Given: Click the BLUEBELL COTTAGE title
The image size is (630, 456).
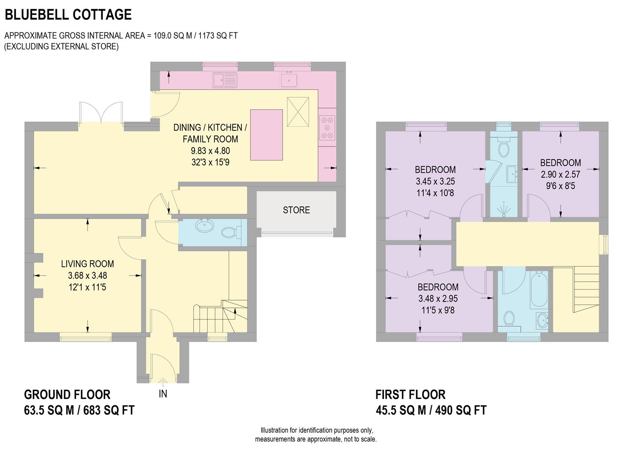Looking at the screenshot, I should tap(68, 15).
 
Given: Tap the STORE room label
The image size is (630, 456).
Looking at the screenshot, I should tap(296, 210).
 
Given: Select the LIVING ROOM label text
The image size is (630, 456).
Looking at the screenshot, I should tap(87, 264).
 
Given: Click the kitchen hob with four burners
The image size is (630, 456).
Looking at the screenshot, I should tap(327, 127).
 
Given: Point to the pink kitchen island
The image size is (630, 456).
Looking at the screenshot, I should tap(266, 135).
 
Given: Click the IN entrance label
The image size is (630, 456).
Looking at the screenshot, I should tap(163, 394).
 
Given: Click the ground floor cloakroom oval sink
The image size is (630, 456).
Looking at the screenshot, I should tap(205, 226).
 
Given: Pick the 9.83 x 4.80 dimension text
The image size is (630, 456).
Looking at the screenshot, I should tap(210, 151).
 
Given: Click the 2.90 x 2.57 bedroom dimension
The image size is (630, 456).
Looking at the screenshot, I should tap(560, 174).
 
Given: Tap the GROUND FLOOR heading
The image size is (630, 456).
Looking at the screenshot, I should tap(67, 395).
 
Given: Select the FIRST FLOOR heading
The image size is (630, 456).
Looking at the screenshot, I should tap(410, 395).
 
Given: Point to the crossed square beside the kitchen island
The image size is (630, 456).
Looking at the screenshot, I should tap(298, 111).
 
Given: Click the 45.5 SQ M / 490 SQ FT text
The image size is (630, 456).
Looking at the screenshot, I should tap(431, 410).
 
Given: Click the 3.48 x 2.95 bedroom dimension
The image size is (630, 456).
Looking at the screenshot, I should tap(438, 299).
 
